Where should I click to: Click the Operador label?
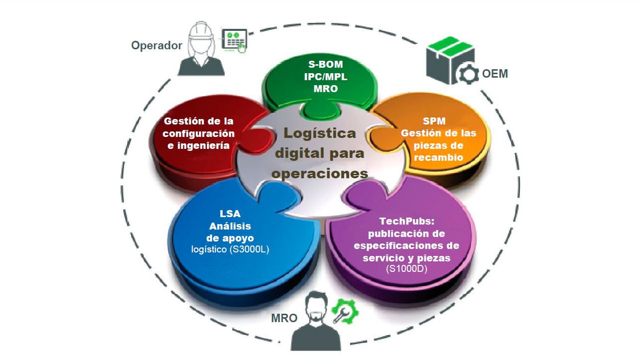(x=156, y=46)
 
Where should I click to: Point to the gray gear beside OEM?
(x=468, y=75)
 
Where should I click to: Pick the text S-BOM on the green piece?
(x=325, y=64)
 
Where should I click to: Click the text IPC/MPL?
(x=326, y=77)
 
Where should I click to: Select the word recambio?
(x=439, y=157)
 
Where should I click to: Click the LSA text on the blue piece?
(x=230, y=214)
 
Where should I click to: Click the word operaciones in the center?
(x=320, y=174)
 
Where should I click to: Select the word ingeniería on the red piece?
(x=203, y=145)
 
